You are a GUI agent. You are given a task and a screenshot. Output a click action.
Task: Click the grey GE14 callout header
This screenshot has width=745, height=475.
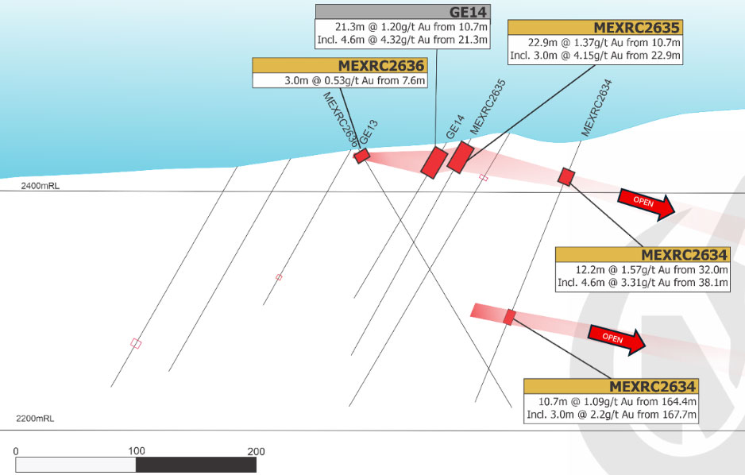(403, 12)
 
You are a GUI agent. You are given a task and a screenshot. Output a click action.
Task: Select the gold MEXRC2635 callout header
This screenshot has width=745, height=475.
(596, 27)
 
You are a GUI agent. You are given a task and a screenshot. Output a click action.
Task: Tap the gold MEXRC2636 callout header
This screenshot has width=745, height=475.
(339, 65)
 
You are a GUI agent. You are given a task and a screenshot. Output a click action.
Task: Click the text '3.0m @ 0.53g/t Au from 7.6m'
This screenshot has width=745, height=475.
(354, 81)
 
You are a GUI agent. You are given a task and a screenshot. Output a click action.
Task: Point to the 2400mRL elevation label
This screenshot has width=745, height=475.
(41, 186)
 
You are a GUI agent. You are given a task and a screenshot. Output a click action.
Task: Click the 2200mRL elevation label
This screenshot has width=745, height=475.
(35, 419)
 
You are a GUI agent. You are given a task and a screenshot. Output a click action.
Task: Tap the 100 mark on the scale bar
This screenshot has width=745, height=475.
(137, 451)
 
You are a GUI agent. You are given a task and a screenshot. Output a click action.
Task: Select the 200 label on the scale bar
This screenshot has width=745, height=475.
(256, 451)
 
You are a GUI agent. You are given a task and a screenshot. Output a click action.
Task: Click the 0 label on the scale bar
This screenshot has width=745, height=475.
(16, 451)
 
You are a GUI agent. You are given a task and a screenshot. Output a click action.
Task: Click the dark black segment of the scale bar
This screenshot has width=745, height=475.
(196, 465)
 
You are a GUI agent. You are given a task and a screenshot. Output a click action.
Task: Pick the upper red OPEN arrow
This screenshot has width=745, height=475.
(647, 204)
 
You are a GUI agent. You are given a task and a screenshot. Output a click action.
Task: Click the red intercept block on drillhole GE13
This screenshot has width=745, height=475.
(362, 156)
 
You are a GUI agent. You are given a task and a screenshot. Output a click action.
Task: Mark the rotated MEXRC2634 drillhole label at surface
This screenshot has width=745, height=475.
(596, 108)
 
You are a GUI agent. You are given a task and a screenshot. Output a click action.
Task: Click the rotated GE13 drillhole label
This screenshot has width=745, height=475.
(369, 132)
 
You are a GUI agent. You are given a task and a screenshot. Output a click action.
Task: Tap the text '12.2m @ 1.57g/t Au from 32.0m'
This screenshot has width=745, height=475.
(651, 270)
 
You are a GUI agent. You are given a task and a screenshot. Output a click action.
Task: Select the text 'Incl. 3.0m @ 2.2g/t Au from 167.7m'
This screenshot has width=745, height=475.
(612, 415)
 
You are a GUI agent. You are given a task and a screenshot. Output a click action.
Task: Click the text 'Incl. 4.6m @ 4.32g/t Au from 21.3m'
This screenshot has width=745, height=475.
(403, 40)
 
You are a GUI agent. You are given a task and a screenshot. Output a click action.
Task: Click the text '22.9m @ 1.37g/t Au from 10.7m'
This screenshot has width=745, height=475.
(604, 43)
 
